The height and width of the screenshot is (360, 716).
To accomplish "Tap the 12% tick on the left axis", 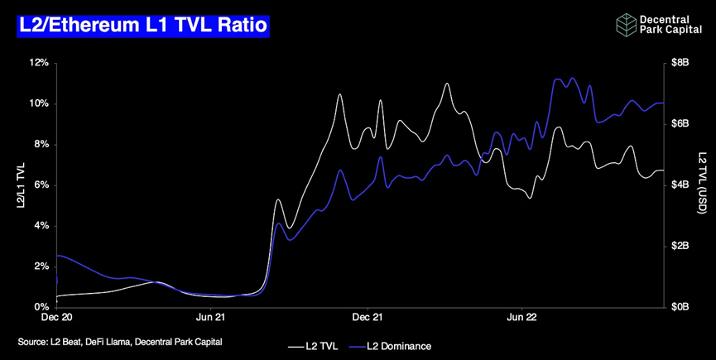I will [x=40, y=63].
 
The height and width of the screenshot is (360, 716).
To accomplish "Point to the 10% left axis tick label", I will [x=40, y=103].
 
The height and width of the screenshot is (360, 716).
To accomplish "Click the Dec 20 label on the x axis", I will [x=58, y=317].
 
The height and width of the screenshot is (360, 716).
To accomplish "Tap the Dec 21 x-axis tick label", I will [x=367, y=317].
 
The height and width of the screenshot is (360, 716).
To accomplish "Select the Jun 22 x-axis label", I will [x=519, y=317].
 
